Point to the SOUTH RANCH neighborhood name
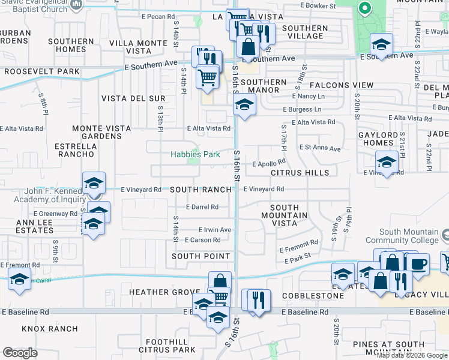(x=200, y=190)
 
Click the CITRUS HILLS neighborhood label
(x=300, y=173)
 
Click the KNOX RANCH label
(x=50, y=329)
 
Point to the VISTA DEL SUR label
(x=133, y=98)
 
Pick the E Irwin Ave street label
(x=215, y=230)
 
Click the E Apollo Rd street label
(x=268, y=163)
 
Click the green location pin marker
(x=363, y=8)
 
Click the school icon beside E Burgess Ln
(x=243, y=106)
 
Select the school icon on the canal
(x=19, y=280)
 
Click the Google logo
(x=20, y=353)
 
